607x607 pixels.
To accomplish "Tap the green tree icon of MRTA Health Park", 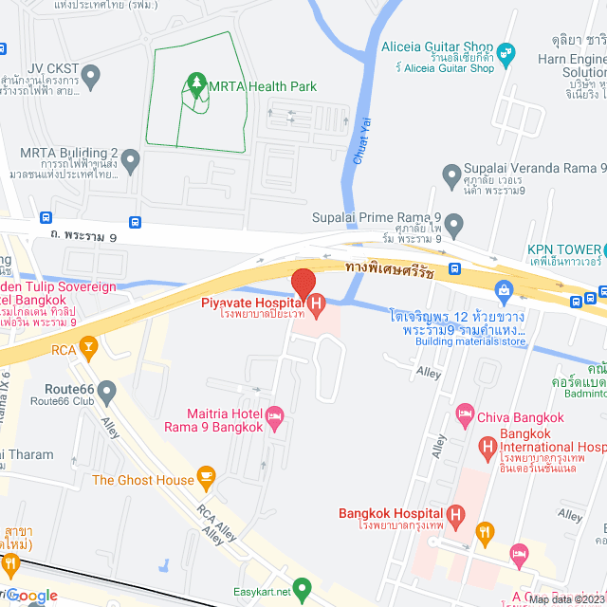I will point(196,85).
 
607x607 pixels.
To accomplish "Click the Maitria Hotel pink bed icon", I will point(275,416).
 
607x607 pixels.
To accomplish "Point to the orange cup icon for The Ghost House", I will point(206,474).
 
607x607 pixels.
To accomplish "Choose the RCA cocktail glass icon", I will point(87,348).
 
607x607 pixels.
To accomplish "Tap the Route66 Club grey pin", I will point(107,390).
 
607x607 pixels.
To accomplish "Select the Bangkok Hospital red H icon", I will point(455,517).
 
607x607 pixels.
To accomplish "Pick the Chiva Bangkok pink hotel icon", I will point(465,413).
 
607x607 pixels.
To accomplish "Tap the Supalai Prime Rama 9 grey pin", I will point(454,226).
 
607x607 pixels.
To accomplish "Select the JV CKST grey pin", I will point(91,73).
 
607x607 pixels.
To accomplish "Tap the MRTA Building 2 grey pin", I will point(130,157).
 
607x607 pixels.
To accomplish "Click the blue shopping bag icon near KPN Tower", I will point(503,287).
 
